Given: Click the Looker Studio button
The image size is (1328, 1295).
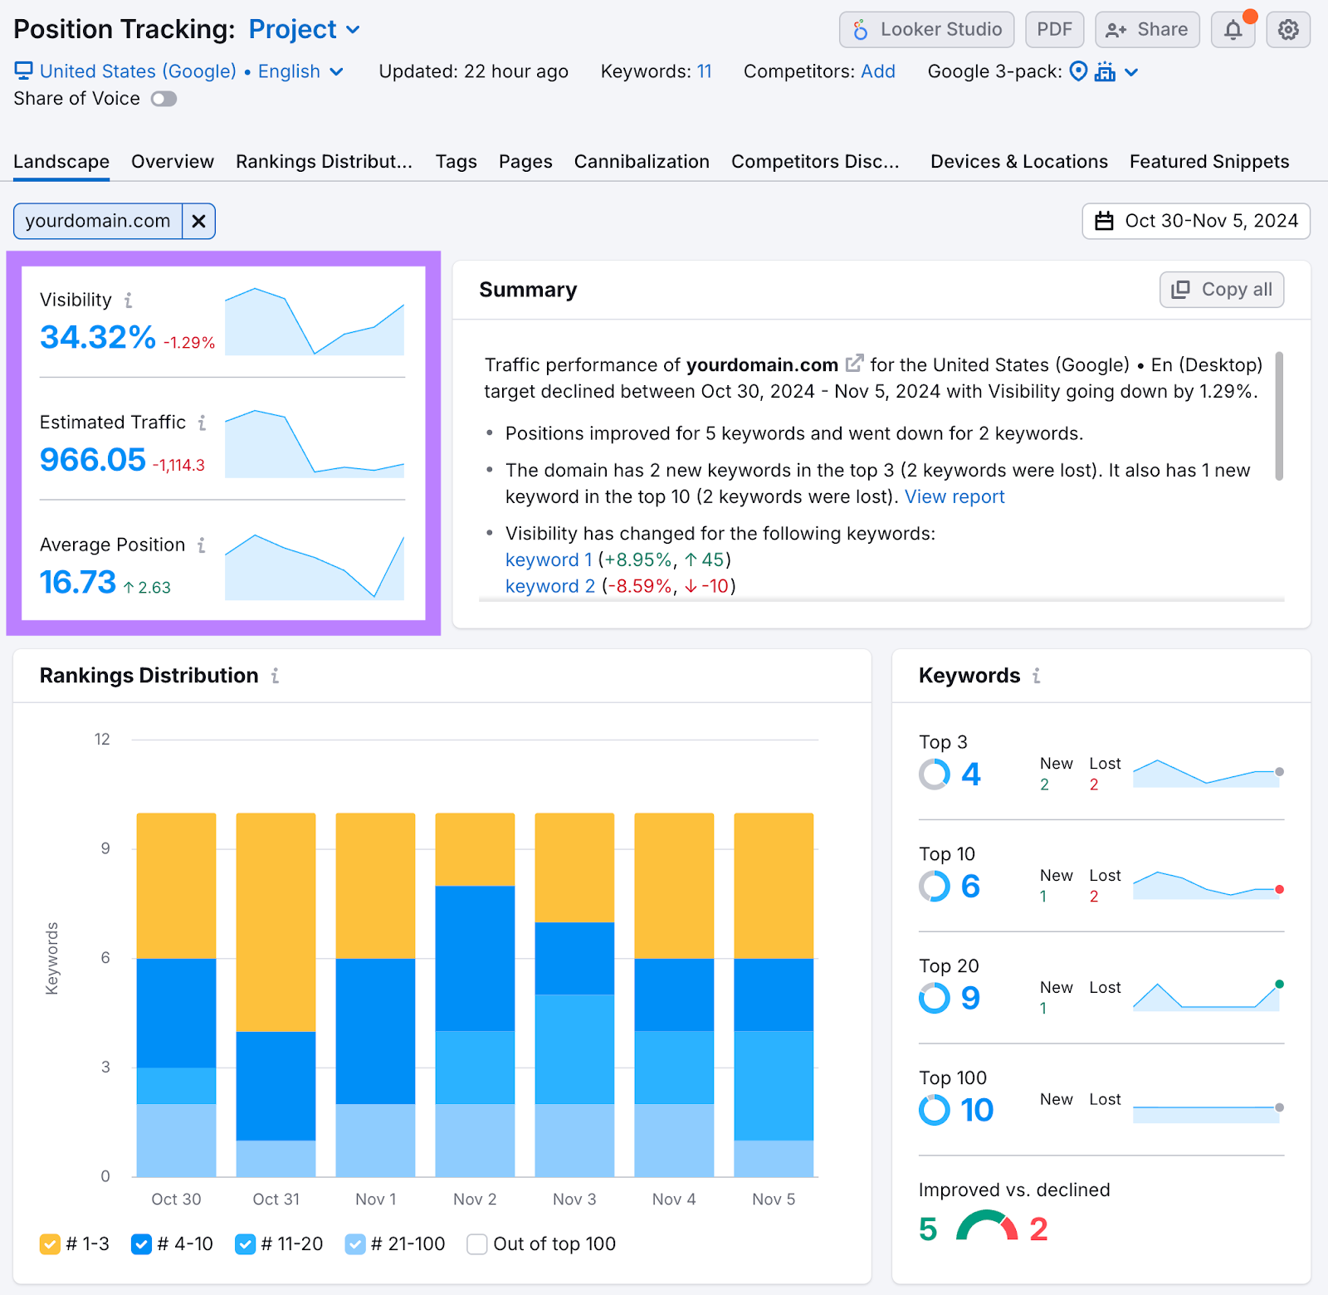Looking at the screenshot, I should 926,30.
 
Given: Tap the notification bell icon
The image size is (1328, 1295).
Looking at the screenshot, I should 1233,30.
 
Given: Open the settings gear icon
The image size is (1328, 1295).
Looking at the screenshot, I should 1287,30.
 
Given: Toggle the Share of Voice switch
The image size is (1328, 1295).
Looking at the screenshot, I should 164,100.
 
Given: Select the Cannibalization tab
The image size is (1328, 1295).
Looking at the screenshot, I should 642,162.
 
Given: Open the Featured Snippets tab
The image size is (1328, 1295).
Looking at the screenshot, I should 1208,162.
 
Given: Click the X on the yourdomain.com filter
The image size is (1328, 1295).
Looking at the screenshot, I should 198,222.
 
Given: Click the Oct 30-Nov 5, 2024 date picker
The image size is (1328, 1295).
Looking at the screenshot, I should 1196,222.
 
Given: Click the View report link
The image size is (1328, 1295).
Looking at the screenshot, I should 954,497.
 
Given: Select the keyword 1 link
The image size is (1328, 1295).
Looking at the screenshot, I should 549,560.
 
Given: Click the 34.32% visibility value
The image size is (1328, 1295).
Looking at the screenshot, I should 98,337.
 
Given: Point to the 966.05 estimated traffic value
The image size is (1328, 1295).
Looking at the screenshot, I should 93,460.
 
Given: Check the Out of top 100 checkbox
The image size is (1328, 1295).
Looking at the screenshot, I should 477,1244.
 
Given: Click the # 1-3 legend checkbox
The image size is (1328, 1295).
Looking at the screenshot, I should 50,1244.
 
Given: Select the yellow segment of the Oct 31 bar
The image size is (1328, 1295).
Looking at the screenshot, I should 276,921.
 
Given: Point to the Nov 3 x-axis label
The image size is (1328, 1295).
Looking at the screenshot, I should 574,1200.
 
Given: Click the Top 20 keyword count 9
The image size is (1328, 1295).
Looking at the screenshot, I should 970,999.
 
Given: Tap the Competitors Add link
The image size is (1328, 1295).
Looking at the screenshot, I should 878,72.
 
